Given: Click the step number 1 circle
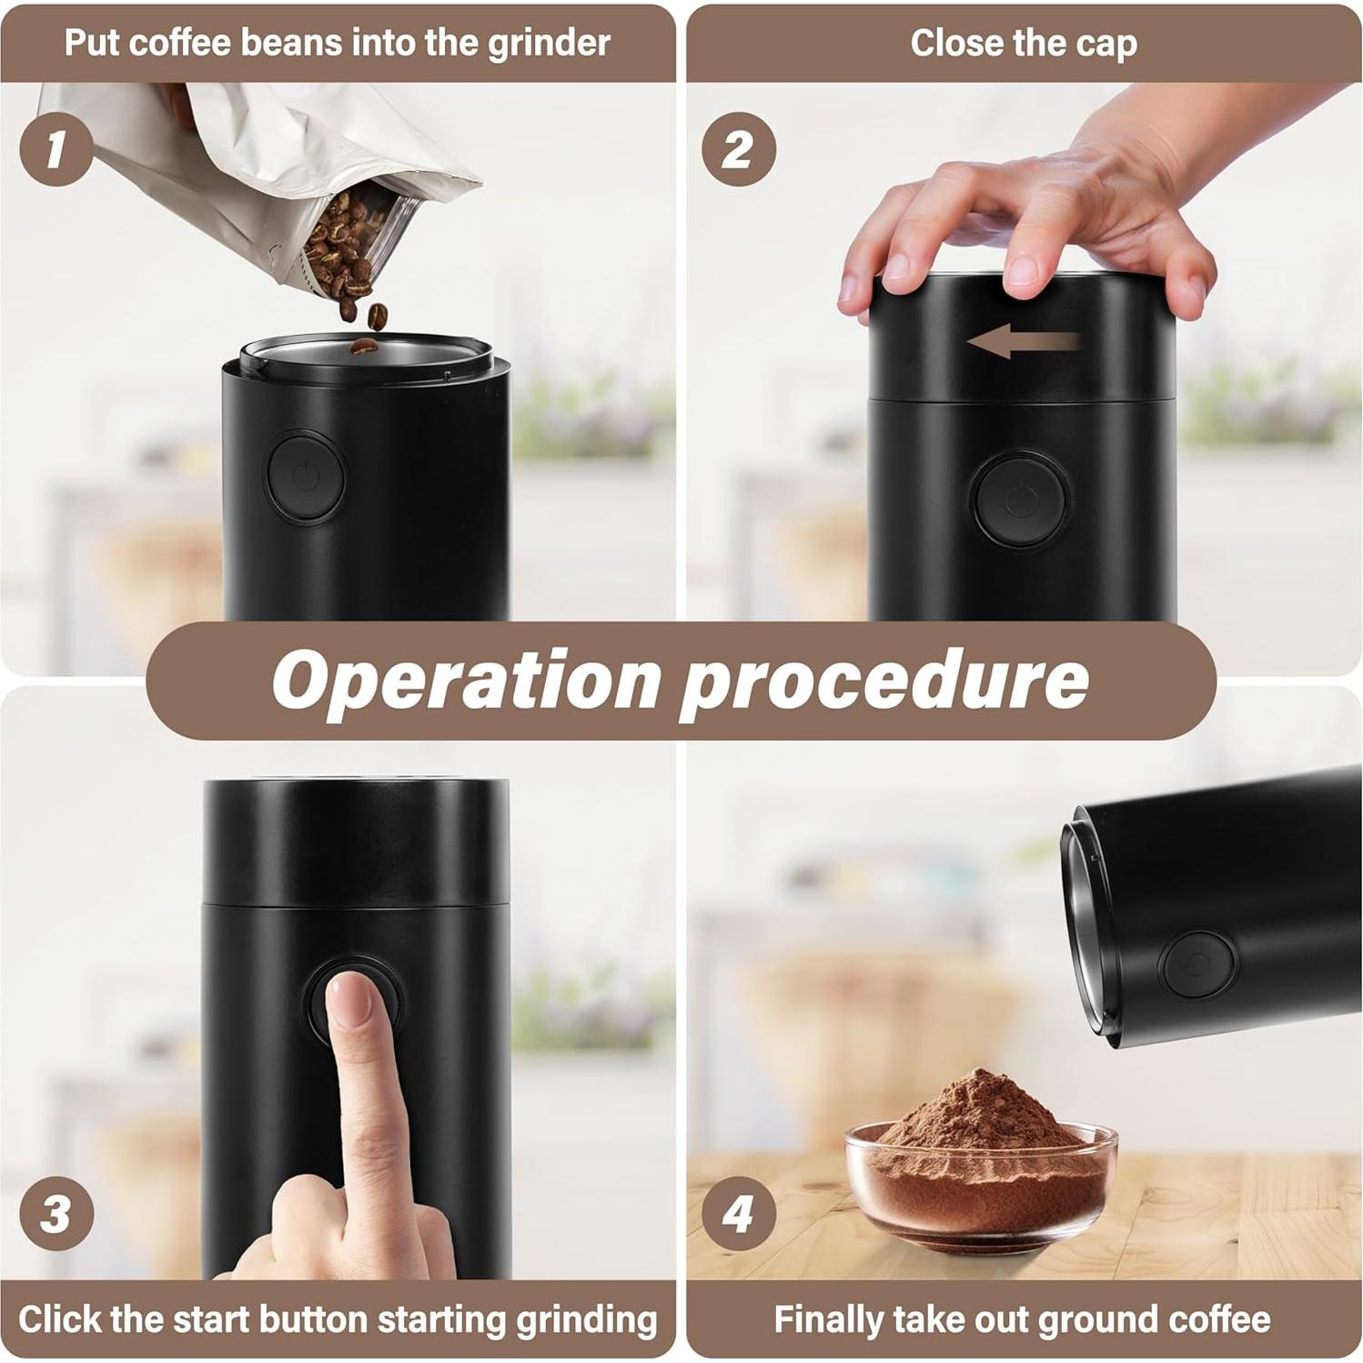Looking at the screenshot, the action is coord(56,148).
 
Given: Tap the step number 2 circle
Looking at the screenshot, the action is coord(738,148).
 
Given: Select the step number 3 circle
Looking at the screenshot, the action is coord(56,1213).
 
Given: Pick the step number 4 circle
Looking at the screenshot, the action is coord(738,1213).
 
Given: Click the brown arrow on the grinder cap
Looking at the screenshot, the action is coord(1024,341).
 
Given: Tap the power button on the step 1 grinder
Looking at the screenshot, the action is coord(306,477).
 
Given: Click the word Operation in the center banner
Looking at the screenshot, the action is coord(466,680).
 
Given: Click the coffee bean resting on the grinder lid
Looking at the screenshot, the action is coord(364,346).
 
